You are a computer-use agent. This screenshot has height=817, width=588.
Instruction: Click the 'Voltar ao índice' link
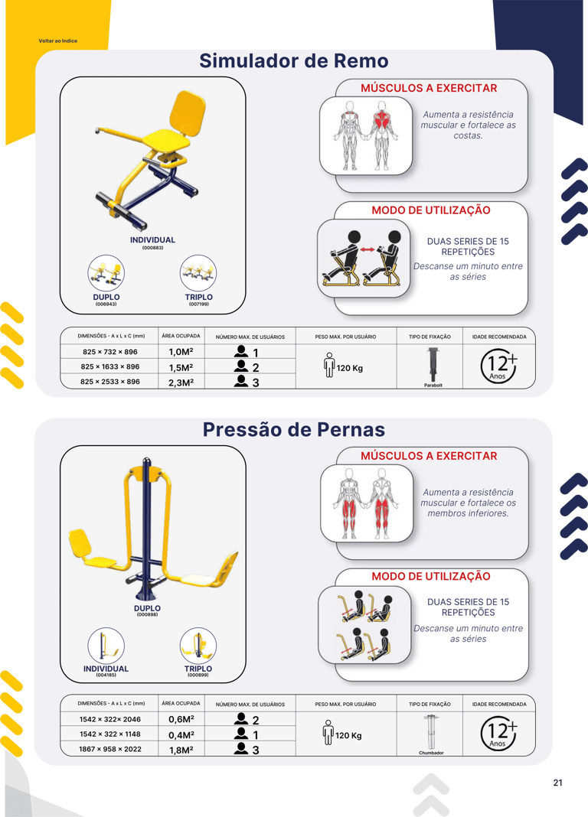[x=58, y=41]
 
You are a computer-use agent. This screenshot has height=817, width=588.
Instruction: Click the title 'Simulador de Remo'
[x=294, y=61]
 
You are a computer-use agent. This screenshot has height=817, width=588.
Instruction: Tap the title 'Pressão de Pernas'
[x=294, y=429]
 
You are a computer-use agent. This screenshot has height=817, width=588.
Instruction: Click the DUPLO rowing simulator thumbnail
[x=106, y=273]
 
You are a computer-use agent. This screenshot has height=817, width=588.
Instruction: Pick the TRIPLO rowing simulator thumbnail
[x=198, y=273]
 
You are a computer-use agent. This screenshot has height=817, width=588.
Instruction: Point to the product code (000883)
[x=152, y=248]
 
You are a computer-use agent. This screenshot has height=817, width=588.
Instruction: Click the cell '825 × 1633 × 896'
[x=110, y=366]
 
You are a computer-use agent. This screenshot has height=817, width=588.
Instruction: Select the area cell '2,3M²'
[x=181, y=382]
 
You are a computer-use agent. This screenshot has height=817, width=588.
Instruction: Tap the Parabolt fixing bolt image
[x=433, y=364]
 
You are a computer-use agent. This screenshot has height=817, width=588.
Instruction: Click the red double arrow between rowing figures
[x=367, y=250]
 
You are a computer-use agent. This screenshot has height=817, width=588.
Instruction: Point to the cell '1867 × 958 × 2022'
[x=110, y=749]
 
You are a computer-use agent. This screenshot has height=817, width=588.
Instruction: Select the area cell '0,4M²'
[x=181, y=734]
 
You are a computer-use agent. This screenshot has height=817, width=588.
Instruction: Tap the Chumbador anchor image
[x=430, y=731]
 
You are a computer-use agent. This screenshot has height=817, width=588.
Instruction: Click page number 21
[x=558, y=783]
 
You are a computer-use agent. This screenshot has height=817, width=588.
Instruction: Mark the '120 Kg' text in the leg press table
[x=348, y=735]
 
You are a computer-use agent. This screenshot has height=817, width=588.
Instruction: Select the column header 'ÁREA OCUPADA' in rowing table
[x=181, y=336]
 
